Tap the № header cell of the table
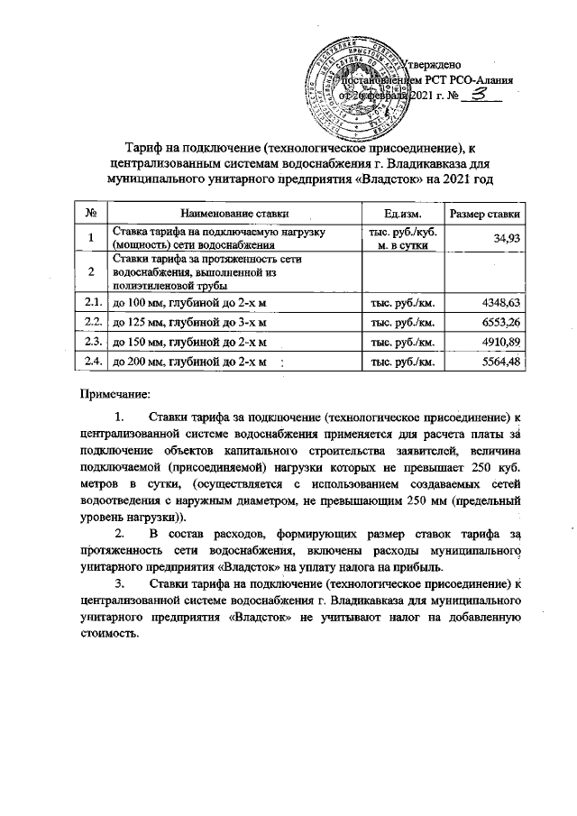click(x=90, y=213)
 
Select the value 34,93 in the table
click(x=508, y=238)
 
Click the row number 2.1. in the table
click(x=91, y=301)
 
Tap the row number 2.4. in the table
click(x=91, y=363)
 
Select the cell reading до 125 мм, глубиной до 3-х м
click(x=188, y=322)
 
